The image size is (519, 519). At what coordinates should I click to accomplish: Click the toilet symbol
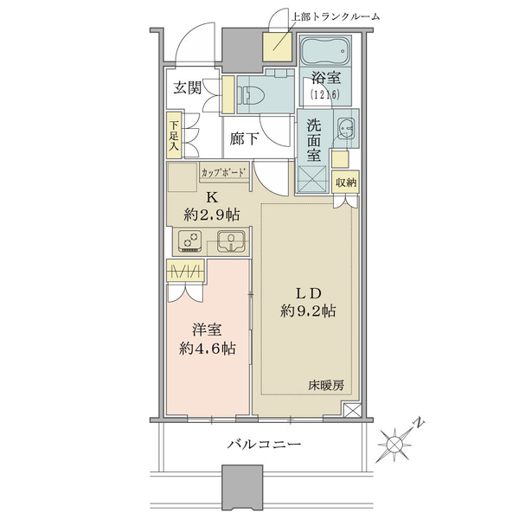253,94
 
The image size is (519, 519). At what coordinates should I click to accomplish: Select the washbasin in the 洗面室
345,127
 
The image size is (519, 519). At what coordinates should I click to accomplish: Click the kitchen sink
231,241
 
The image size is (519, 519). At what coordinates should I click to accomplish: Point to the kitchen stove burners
190,241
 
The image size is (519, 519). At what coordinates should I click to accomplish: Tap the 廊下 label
244,138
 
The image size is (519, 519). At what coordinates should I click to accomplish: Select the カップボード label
224,172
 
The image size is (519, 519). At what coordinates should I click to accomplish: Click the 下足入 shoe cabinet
174,136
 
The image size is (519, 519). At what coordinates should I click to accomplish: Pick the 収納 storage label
346,182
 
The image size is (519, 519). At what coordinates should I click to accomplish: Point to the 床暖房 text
326,385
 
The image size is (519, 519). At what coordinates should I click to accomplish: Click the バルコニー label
264,443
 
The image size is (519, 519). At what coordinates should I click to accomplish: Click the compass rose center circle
394,444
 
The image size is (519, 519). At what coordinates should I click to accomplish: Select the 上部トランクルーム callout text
335,16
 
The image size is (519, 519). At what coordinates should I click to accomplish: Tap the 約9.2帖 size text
308,311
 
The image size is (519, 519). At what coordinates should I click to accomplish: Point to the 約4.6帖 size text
208,349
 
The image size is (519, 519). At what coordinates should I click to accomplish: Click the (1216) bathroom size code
325,94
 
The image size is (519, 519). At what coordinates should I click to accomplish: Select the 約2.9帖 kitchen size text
212,215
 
